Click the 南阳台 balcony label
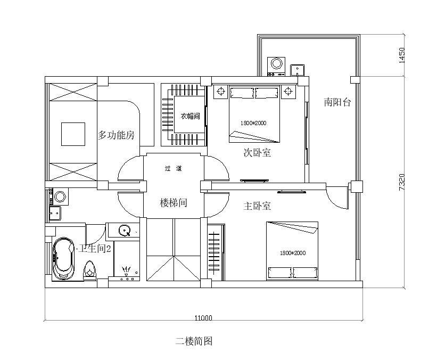(337, 102)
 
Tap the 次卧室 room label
(257, 152)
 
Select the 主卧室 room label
(257, 206)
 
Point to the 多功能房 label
(116, 135)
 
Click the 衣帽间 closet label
(191, 116)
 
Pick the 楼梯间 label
(173, 203)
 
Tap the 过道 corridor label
(173, 168)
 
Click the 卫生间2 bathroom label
(95, 248)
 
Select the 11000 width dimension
(203, 318)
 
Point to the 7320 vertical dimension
(402, 182)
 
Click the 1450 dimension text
(402, 55)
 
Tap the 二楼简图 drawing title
(194, 341)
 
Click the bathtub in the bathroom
(63, 258)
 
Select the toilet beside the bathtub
(89, 269)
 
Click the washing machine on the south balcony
(276, 67)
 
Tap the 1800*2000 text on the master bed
(293, 253)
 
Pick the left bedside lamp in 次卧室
(221, 92)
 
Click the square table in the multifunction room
(73, 134)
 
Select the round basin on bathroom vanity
(125, 231)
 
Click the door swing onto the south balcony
(337, 197)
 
